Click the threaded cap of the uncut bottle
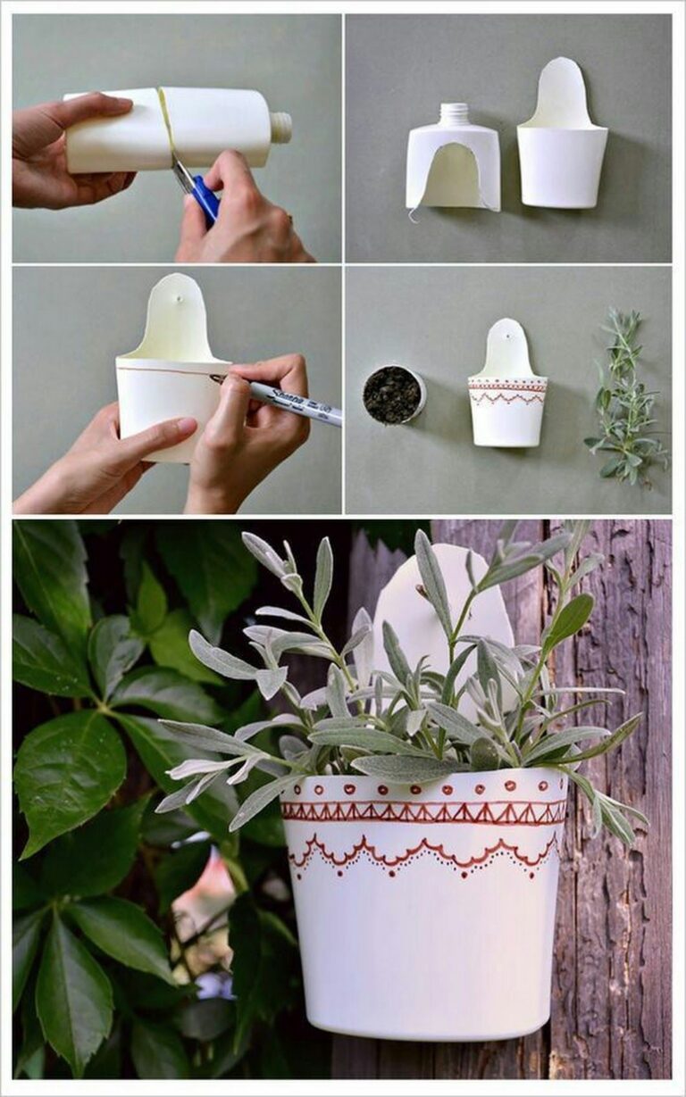280,128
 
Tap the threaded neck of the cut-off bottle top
455,114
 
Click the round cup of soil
393,394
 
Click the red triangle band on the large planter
424,812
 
